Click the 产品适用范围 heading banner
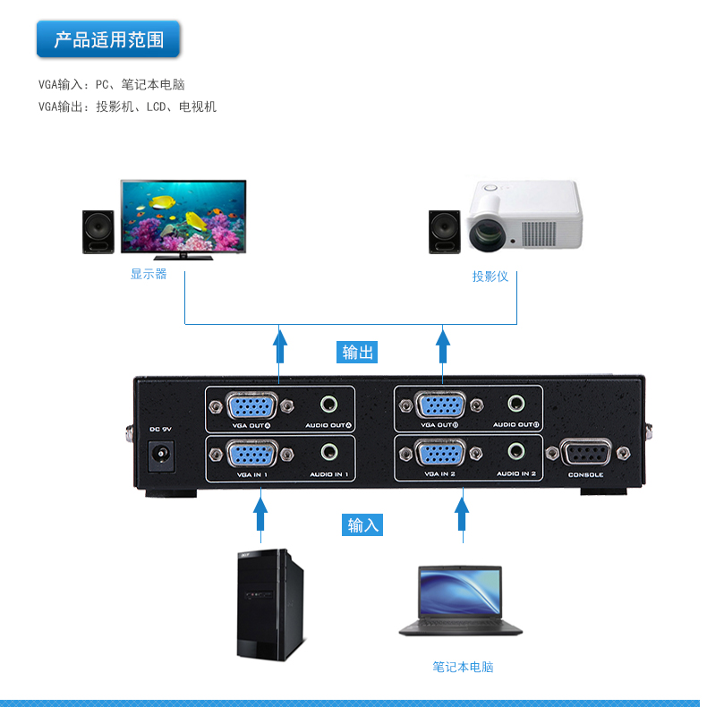[108, 40]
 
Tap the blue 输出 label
[358, 352]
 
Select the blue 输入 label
[363, 524]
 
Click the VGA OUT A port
[251, 405]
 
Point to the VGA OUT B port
[439, 405]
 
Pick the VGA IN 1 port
[251, 456]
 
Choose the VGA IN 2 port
[439, 456]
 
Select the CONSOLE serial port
[585, 455]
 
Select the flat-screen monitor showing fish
[183, 219]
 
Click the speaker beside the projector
[444, 233]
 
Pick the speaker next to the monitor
[98, 233]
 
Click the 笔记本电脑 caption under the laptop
[463, 667]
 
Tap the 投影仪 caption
[490, 277]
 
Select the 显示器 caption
[149, 274]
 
